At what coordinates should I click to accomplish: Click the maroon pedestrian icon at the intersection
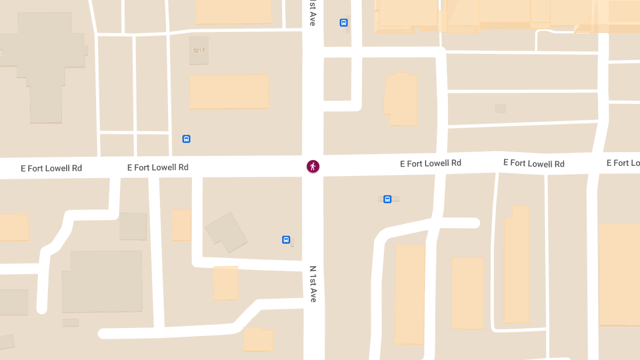[x=313, y=166]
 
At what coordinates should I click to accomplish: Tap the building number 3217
[x=199, y=51]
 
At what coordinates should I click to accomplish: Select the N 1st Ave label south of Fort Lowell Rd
[x=313, y=284]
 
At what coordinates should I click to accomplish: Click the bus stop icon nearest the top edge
[x=343, y=23]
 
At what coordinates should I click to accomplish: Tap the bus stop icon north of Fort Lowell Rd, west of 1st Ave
[x=186, y=139]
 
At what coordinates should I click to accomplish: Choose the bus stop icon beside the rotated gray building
[x=286, y=240]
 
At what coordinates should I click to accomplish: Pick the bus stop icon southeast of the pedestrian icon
[x=387, y=199]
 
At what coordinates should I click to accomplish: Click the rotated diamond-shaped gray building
[x=226, y=232]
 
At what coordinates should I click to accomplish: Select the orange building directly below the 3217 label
[x=229, y=92]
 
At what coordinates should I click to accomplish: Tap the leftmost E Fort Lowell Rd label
[x=51, y=169]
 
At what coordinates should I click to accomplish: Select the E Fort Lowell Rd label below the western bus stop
[x=158, y=167]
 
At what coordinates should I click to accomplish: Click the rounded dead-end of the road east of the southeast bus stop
[x=474, y=223]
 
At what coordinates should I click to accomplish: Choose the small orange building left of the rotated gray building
[x=181, y=225]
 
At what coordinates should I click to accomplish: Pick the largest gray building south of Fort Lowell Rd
[x=102, y=282]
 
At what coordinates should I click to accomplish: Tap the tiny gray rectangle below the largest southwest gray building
[x=70, y=323]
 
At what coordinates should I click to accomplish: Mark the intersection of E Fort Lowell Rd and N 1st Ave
[x=313, y=166]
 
